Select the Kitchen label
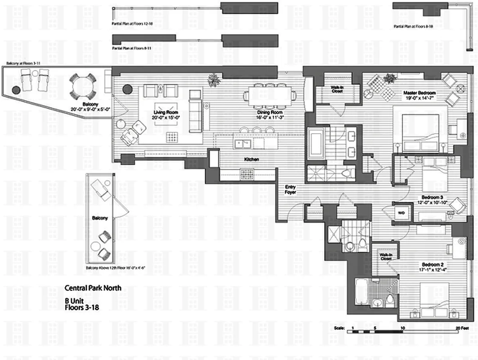251,159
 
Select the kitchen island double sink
243,144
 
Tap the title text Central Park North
93,288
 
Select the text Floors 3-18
81,308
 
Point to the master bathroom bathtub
316,142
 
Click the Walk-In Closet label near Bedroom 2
386,256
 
